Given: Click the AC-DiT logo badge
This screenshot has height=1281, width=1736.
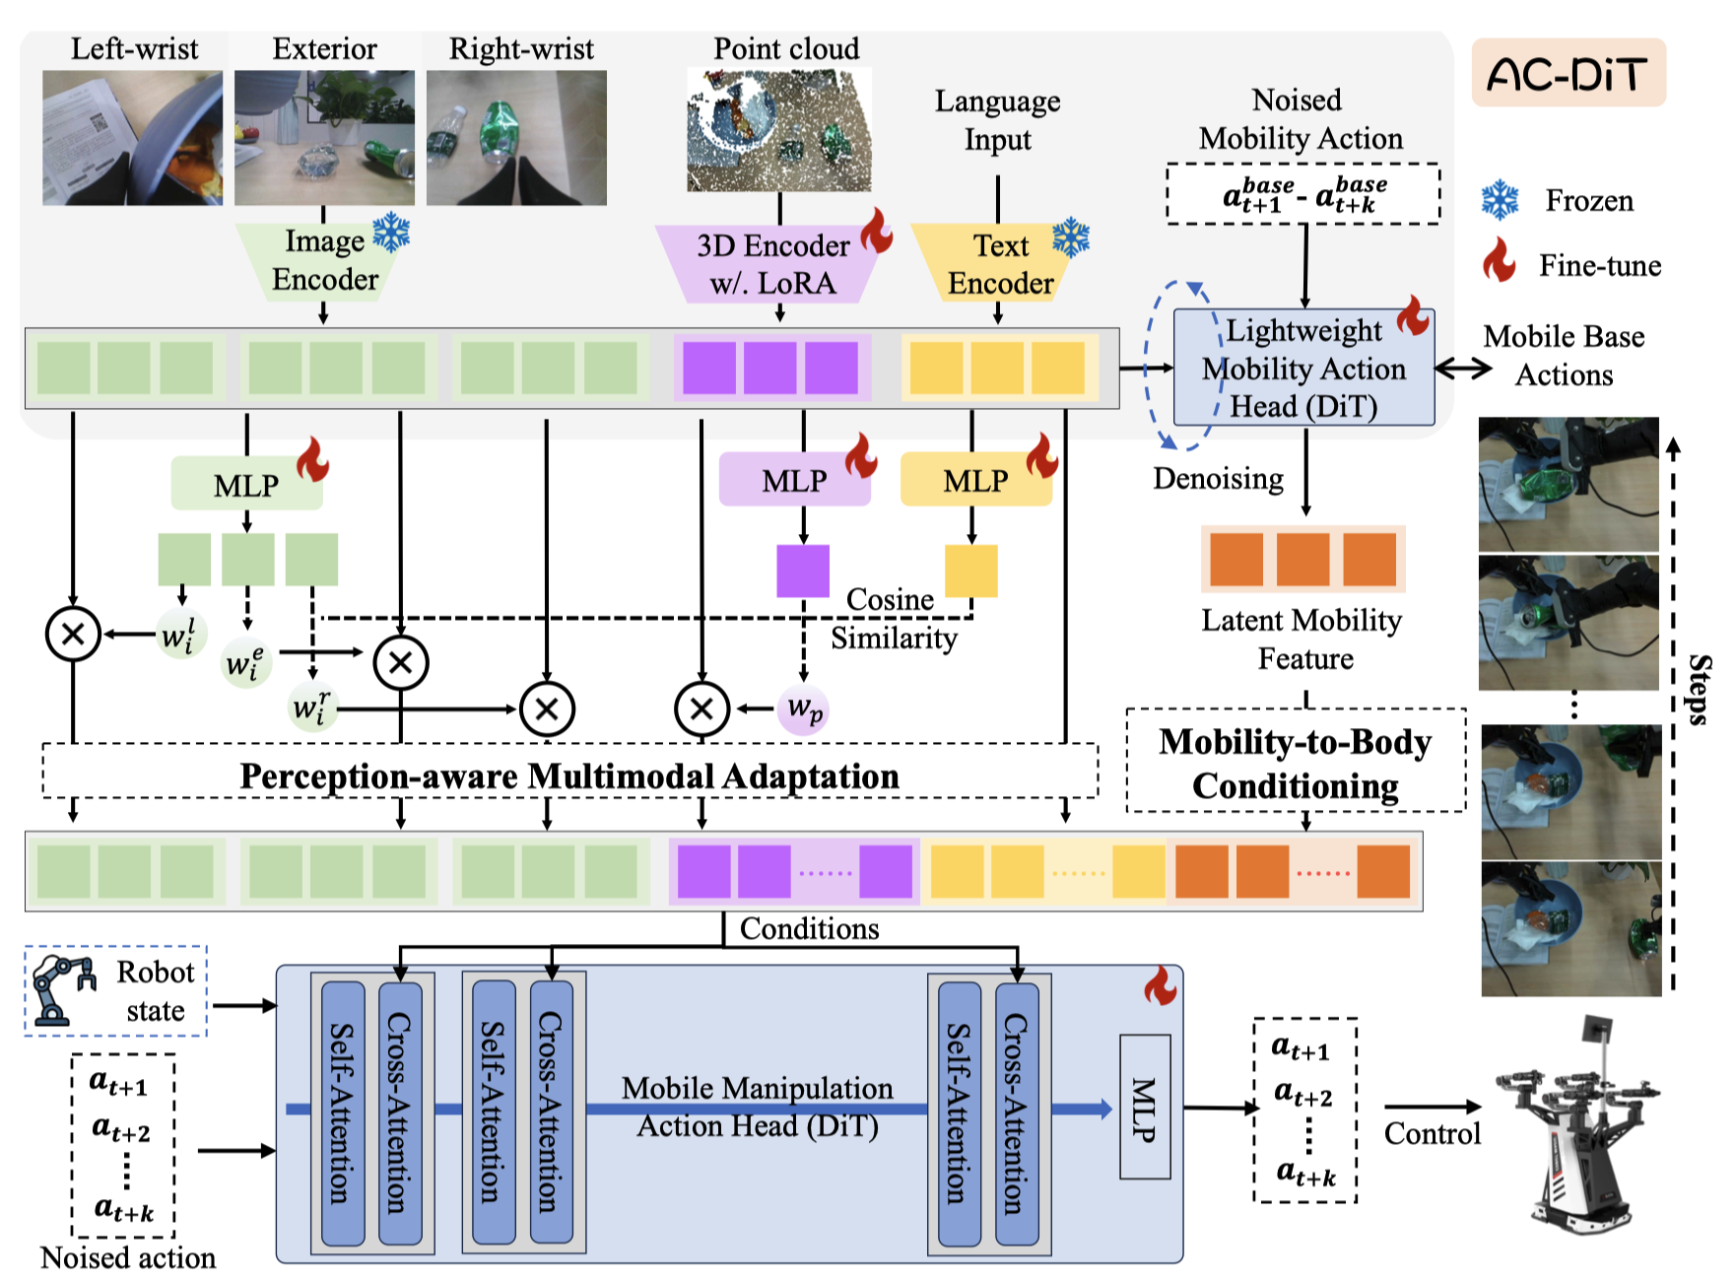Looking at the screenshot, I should click(x=1568, y=73).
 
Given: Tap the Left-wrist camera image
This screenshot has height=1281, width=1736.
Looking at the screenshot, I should click(x=132, y=137).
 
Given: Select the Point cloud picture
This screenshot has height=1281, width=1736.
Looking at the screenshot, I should click(x=778, y=129).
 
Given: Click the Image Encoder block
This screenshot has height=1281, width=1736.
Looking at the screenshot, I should click(x=324, y=261).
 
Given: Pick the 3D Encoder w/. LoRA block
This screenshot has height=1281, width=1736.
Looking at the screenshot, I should click(x=772, y=264).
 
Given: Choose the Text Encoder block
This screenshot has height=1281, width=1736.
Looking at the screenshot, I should click(x=999, y=264).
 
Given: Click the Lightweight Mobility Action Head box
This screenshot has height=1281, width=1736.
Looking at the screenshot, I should click(x=1303, y=369).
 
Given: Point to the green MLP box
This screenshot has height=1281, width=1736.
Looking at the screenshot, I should click(x=246, y=484).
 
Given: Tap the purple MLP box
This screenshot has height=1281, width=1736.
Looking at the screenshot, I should click(x=794, y=480).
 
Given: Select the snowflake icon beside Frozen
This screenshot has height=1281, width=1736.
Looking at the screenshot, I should click(x=1501, y=200).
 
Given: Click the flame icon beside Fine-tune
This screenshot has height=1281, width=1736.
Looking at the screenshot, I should click(x=1500, y=261).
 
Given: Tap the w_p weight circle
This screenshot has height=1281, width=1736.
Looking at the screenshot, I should click(x=804, y=708).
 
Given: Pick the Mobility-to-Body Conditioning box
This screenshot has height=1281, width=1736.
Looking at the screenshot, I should click(x=1296, y=762).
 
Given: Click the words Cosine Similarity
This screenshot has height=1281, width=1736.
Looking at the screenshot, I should click(x=892, y=619).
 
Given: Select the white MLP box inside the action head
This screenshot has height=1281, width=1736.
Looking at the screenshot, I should click(x=1145, y=1107).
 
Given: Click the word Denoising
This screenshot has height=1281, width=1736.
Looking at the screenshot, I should click(x=1219, y=479).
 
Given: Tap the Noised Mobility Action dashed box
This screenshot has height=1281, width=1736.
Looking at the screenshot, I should click(x=1303, y=194).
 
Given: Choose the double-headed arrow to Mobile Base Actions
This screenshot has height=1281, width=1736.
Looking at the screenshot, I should click(x=1463, y=369).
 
